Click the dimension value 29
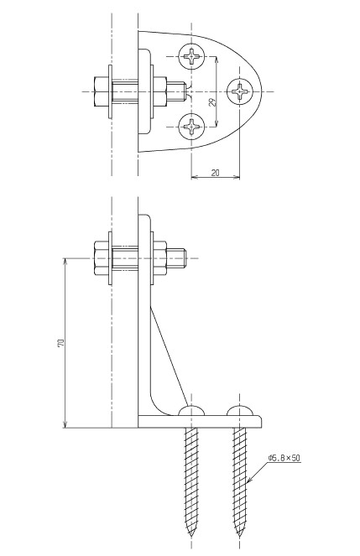(212, 102)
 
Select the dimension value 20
(216, 173)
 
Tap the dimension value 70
(60, 343)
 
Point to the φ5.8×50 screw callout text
(284, 458)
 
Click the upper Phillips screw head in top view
(192, 57)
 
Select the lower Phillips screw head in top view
(192, 127)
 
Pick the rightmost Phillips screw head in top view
(240, 91)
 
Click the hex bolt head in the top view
(101, 91)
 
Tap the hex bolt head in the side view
(101, 257)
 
